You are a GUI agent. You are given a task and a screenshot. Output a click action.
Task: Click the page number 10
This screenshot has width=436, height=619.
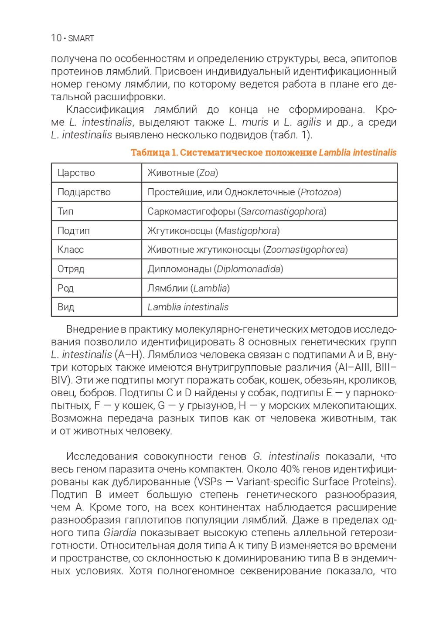[x=56, y=38]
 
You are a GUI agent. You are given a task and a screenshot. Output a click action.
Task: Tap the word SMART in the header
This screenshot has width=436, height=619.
[x=81, y=38]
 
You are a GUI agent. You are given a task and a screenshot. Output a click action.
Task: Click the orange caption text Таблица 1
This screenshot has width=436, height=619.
[x=154, y=153]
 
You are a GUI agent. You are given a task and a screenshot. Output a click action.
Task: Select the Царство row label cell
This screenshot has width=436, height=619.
[x=96, y=173]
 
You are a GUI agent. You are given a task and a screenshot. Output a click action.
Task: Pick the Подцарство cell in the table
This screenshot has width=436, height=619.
[x=96, y=192]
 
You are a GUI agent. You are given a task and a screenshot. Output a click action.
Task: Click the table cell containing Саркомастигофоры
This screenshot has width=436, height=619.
[x=269, y=211]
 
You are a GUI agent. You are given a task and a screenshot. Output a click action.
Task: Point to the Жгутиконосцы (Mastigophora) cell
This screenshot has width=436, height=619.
[x=269, y=230]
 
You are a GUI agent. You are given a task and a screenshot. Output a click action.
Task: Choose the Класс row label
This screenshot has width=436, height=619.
[x=96, y=249]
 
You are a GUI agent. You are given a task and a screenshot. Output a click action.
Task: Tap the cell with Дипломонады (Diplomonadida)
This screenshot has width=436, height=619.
[x=269, y=269]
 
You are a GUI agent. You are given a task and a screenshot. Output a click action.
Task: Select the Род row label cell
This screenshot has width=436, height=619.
[x=96, y=288]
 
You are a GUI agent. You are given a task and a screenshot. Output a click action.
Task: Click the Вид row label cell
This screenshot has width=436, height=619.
[x=96, y=307]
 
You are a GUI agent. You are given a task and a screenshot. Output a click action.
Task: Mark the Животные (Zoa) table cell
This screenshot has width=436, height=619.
[x=269, y=173]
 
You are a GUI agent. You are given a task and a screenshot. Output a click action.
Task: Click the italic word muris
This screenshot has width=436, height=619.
[x=255, y=122]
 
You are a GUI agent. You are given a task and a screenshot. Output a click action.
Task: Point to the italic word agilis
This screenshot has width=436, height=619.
[x=308, y=122]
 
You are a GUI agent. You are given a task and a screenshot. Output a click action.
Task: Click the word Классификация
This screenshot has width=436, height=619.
[x=105, y=109]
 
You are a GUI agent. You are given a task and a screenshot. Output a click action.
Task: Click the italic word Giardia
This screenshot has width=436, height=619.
[x=120, y=533]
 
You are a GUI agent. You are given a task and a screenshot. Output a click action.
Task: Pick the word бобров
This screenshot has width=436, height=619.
[x=98, y=393]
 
